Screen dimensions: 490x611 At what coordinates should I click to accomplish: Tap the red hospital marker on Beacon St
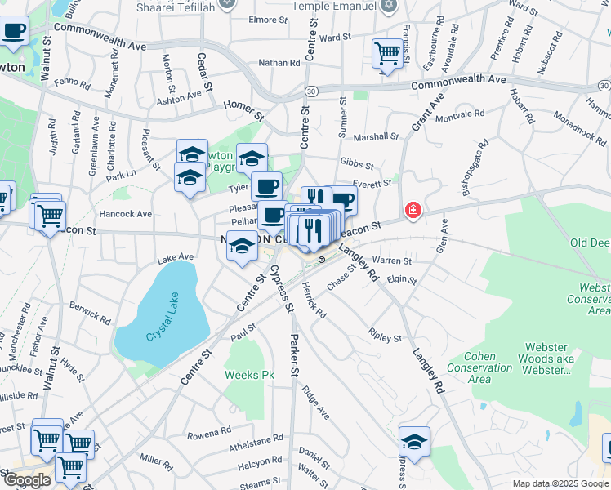point(413,211)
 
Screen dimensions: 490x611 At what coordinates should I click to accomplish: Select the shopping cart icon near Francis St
point(388,54)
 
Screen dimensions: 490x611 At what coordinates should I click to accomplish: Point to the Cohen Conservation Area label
point(489,367)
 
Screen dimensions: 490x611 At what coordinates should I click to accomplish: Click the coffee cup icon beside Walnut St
point(13,32)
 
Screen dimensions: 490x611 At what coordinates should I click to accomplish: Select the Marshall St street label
point(377,137)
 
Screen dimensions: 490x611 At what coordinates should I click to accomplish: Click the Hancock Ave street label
point(126,214)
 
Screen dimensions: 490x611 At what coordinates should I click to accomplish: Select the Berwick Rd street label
point(90,312)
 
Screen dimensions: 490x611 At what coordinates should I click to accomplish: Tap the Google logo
point(27,480)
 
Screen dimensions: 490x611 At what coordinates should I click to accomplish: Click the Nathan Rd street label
point(279,62)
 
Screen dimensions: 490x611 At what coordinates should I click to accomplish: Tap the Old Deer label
point(589,243)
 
